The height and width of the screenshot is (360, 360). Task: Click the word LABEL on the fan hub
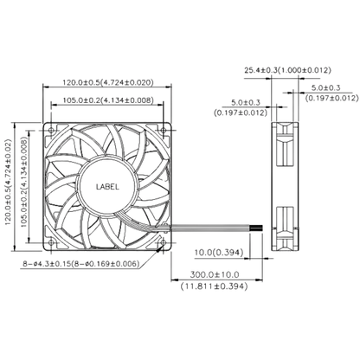tap(107, 187)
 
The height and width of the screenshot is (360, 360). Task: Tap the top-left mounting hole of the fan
tap(51, 130)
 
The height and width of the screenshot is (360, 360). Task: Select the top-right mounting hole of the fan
tap(164, 130)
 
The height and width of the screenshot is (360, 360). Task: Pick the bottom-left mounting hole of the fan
tap(51, 242)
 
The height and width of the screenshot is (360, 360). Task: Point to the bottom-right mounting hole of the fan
tap(164, 242)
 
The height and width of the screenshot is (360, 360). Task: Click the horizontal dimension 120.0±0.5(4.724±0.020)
tap(108, 83)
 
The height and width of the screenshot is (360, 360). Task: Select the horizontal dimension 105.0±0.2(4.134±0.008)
tap(108, 100)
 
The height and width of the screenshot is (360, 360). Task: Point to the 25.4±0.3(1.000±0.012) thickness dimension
tap(287, 70)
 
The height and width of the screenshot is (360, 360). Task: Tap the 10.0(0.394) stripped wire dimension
tap(219, 253)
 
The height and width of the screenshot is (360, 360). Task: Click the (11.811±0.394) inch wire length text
tap(215, 286)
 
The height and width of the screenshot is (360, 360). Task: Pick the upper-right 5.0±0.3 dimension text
tap(325, 87)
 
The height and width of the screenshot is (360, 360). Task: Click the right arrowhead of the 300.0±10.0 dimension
tap(260, 280)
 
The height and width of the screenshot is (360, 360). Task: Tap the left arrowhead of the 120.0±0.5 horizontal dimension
tap(46, 87)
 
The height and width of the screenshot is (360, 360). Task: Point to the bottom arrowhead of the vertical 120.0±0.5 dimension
tap(15, 248)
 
